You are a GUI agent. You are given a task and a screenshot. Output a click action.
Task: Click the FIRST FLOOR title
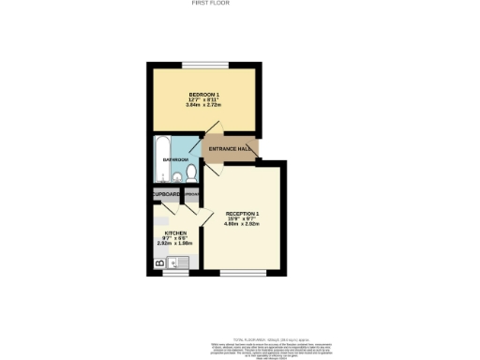[210, 4]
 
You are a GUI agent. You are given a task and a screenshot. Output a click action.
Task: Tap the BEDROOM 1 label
[203, 95]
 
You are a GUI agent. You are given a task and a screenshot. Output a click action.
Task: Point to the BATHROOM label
[175, 160]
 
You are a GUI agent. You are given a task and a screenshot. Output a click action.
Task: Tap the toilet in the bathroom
[190, 175]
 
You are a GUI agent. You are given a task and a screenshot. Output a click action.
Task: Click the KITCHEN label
[175, 232]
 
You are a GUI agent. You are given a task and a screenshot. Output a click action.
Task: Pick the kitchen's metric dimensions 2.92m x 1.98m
[175, 243]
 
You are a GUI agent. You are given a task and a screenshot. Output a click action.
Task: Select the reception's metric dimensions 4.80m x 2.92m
[241, 224]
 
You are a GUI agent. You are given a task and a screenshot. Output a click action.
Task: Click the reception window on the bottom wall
[241, 273]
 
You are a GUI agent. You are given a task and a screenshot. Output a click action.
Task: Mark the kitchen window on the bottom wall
[174, 274]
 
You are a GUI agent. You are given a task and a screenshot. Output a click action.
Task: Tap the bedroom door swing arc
[214, 128]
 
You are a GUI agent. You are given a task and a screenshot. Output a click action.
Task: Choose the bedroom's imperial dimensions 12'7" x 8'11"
[203, 99]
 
